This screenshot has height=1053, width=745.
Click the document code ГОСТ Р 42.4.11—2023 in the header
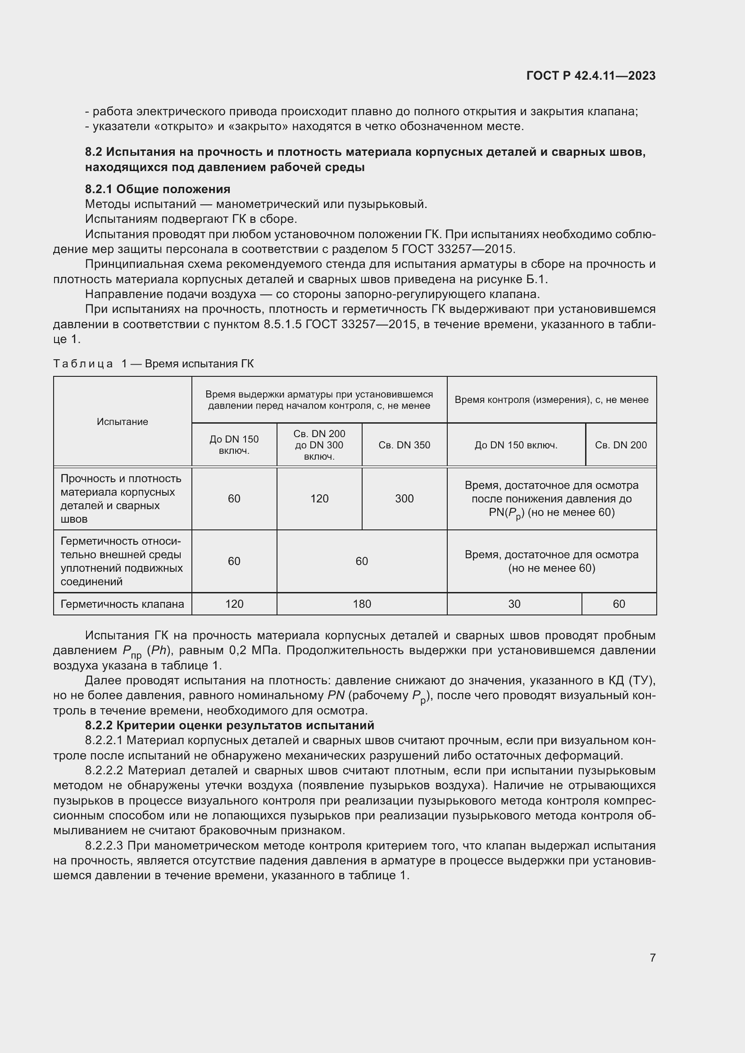(591, 76)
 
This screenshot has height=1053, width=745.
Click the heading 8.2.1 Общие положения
(157, 189)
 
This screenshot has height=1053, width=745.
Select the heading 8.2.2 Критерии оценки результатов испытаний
(229, 725)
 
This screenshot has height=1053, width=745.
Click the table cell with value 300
(404, 498)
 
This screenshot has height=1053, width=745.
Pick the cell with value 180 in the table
(362, 604)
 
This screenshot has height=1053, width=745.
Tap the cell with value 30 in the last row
(514, 604)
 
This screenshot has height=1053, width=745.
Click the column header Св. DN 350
(404, 445)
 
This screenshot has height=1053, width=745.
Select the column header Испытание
(123, 421)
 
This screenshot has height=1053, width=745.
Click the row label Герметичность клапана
(123, 604)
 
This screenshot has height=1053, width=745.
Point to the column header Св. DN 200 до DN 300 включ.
(319, 445)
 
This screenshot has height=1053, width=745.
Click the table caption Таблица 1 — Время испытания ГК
(153, 364)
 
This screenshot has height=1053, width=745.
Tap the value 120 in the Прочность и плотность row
(319, 498)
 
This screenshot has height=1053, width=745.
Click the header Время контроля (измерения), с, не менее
(551, 400)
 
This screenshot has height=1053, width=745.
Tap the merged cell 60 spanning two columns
(362, 561)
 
